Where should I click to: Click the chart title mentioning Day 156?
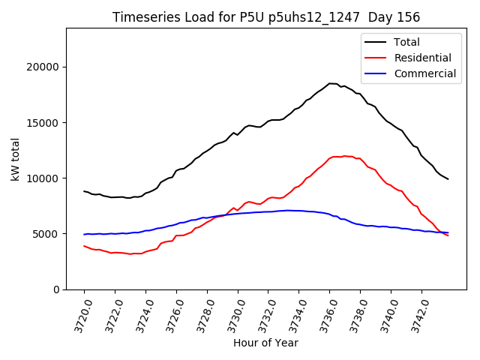click(266, 17)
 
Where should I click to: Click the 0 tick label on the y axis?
click(57, 289)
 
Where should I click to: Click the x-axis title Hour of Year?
click(265, 343)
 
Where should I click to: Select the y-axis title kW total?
click(16, 159)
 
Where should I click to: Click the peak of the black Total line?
click(330, 83)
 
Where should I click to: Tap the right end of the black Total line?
click(448, 179)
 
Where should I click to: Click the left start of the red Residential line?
click(84, 246)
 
